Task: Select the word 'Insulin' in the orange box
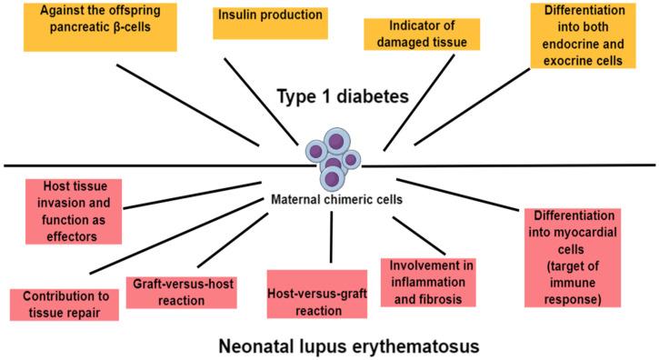coord(238,15)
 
